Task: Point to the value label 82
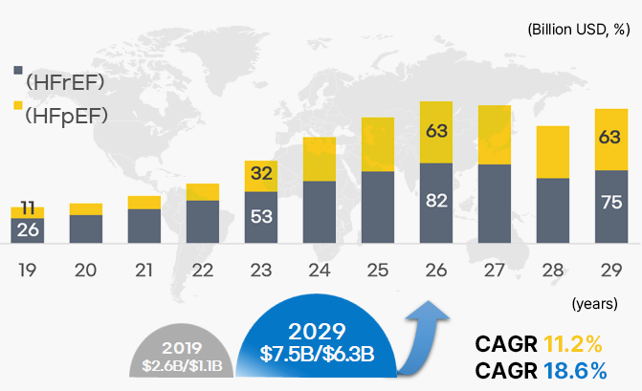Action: (436, 202)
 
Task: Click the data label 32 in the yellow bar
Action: (261, 174)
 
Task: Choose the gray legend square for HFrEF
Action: (18, 71)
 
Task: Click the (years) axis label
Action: (593, 303)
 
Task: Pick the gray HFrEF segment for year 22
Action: (203, 222)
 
